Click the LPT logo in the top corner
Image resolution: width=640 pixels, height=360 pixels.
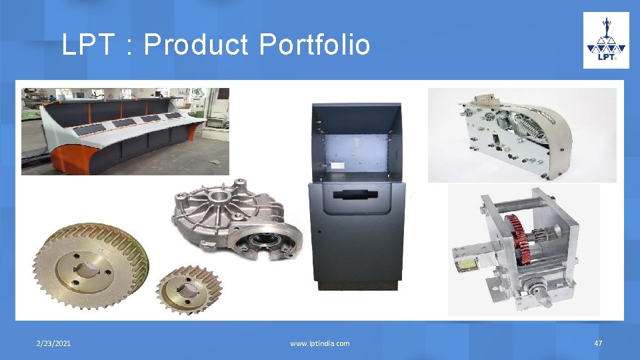[x=606, y=41]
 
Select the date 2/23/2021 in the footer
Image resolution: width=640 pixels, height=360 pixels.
[x=54, y=343]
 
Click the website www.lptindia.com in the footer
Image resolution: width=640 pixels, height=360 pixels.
[x=319, y=343]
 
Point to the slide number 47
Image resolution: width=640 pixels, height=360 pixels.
[x=598, y=343]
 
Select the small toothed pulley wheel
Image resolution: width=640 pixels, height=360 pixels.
[x=189, y=290]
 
